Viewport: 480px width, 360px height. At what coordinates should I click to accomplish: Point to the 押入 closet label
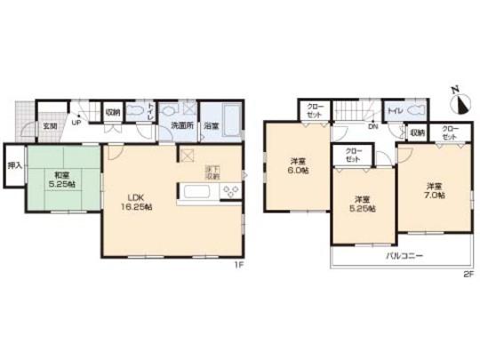15,166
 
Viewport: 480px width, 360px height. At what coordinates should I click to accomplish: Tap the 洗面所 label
182,126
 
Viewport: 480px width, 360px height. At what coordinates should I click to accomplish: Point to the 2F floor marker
467,275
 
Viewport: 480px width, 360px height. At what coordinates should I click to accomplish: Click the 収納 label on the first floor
113,112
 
